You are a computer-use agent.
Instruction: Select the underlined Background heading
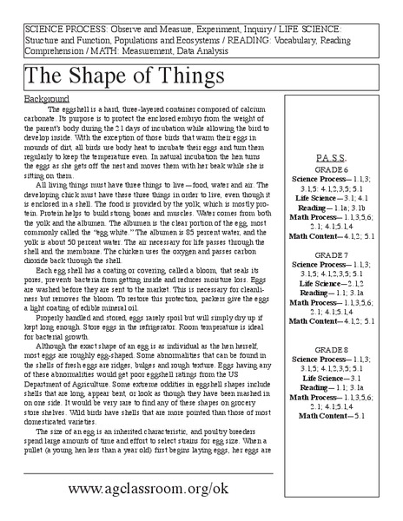pyautogui.click(x=46, y=99)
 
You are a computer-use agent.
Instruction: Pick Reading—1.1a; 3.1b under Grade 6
pyautogui.click(x=333, y=208)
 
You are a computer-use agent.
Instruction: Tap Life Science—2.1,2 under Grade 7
pyautogui.click(x=333, y=283)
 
